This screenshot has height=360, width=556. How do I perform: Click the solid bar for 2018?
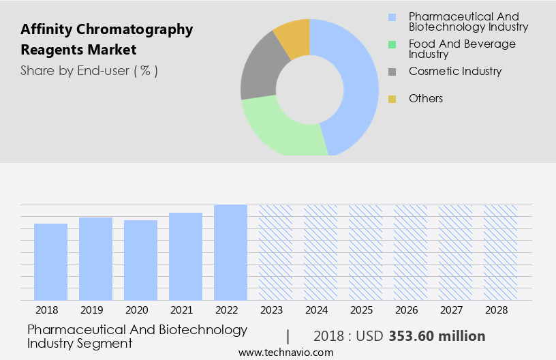[51, 262]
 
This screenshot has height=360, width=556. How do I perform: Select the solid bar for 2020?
[141, 260]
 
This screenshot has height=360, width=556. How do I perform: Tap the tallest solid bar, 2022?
[230, 252]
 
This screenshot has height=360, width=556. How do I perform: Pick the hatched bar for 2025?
[365, 252]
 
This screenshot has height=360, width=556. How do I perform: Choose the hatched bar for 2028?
[500, 252]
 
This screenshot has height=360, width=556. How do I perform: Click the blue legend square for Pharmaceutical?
[392, 17]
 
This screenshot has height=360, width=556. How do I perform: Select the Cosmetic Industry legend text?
[455, 71]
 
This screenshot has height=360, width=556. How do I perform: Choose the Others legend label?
[426, 99]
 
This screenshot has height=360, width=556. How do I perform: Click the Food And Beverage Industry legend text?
[462, 48]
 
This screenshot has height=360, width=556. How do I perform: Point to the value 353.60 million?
[437, 336]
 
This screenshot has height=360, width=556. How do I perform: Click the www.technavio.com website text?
[286, 352]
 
